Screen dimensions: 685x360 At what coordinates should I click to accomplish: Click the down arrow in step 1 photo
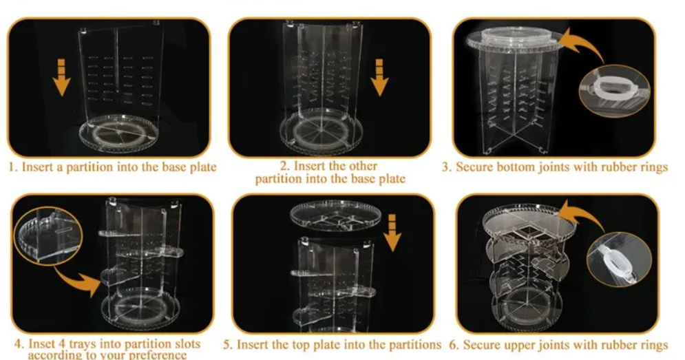(x=61, y=77)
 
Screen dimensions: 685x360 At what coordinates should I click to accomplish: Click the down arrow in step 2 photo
(x=379, y=77)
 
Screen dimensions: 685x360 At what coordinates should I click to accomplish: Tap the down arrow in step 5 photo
(x=392, y=233)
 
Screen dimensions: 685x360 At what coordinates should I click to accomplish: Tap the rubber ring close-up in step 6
(x=620, y=260)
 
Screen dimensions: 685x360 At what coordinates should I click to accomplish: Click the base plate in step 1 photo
(x=119, y=134)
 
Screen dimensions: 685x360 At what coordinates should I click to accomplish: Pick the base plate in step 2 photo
(x=321, y=131)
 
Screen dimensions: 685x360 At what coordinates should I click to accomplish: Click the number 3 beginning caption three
(x=446, y=167)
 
